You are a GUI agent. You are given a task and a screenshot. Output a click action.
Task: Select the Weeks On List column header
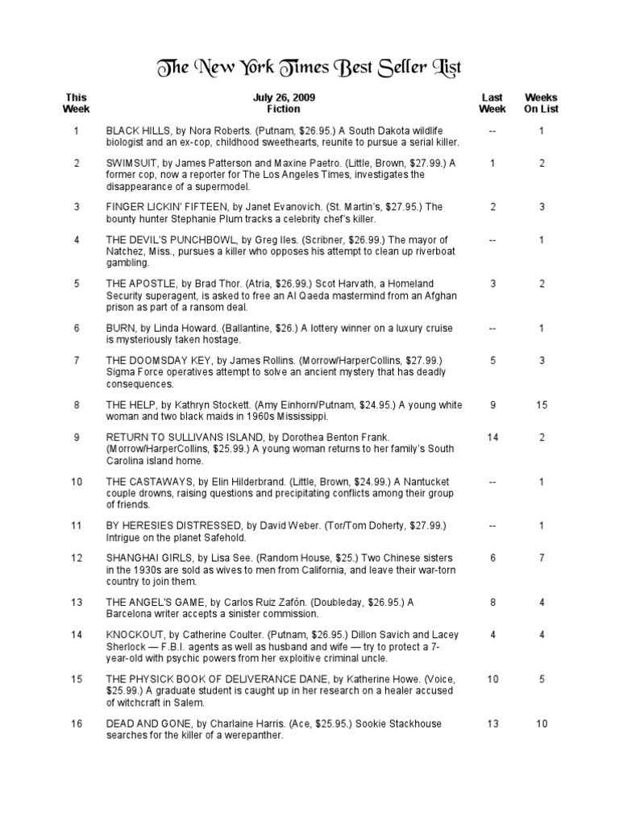pyautogui.click(x=542, y=103)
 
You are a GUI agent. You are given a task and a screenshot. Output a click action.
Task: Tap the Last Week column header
pyautogui.click(x=492, y=103)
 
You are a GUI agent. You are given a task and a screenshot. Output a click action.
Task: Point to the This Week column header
pyautogui.click(x=77, y=103)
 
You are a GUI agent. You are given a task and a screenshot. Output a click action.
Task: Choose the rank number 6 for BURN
pyautogui.click(x=77, y=328)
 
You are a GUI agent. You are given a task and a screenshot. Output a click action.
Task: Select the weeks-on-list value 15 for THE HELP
pyautogui.click(x=542, y=404)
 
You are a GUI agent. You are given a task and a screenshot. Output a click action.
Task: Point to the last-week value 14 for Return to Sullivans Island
pyautogui.click(x=492, y=437)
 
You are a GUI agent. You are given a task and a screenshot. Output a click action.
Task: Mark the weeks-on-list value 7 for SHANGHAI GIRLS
pyautogui.click(x=542, y=558)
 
